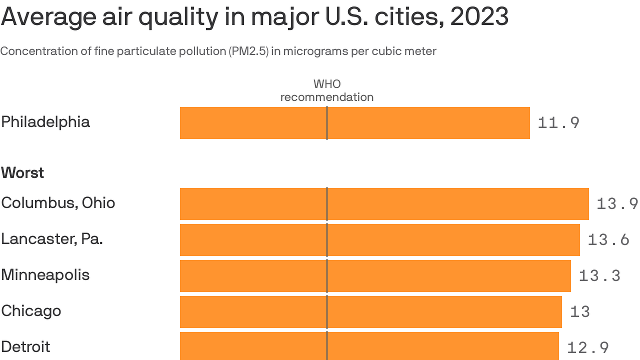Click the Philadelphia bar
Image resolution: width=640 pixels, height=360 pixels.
point(355,123)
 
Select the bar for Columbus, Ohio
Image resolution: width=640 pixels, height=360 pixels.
point(384,204)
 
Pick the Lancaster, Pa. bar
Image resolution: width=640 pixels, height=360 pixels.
point(380,240)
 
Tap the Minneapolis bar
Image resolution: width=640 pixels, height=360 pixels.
point(375,276)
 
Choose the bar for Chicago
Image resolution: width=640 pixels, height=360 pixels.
point(371,312)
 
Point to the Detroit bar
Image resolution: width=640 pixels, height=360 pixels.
point(369,346)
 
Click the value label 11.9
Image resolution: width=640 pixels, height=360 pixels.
point(559,123)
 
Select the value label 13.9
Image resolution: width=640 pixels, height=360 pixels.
point(617,204)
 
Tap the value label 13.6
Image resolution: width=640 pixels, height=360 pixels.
point(608,240)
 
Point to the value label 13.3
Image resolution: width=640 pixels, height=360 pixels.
point(600,276)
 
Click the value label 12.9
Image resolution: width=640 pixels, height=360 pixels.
point(588,348)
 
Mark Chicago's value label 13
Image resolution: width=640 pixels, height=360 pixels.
point(580,312)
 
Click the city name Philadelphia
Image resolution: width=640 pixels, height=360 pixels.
point(46,122)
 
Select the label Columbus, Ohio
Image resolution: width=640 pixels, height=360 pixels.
point(58,203)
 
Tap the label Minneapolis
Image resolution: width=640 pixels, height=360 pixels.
point(45,275)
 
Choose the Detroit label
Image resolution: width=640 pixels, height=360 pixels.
point(26,347)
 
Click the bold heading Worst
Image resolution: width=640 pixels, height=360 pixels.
point(23,173)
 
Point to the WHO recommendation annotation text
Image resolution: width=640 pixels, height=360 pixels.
point(327,91)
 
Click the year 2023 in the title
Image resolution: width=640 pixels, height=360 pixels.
point(479,17)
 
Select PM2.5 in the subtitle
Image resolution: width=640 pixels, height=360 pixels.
point(248,51)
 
